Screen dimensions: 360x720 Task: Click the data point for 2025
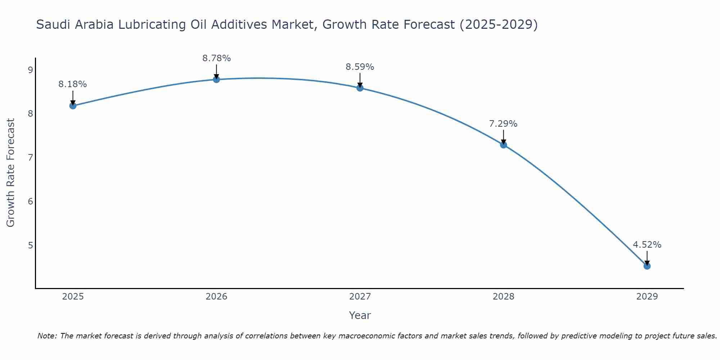pos(73,105)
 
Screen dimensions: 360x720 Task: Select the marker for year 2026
pos(216,79)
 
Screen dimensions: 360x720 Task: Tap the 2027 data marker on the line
pos(360,88)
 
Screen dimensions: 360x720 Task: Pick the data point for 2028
pos(503,145)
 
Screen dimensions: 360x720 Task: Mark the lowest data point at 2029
pos(647,266)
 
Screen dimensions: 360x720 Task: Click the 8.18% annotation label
pos(73,84)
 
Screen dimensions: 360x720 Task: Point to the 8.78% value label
pos(216,58)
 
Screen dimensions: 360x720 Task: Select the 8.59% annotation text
pos(360,67)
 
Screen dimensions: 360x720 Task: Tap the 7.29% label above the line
pos(503,124)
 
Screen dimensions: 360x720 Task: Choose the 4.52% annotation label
pos(647,245)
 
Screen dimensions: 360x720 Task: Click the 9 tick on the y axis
pos(30,70)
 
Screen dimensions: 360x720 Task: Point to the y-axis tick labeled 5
pos(30,245)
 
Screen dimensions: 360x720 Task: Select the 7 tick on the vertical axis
pos(30,158)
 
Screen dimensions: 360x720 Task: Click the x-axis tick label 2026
pos(216,297)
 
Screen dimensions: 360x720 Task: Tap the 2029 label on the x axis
pos(647,297)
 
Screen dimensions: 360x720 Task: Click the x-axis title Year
pos(360,315)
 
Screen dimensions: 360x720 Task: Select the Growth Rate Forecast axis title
pos(11,173)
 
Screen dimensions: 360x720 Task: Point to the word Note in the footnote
pos(47,336)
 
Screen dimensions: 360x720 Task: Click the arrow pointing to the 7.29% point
pos(503,137)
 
